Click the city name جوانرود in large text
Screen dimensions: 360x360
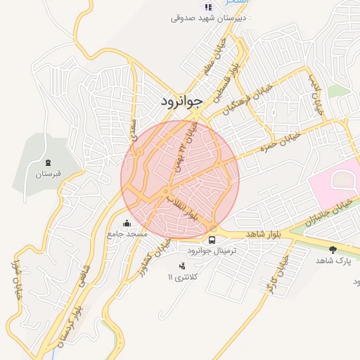pos(181,101)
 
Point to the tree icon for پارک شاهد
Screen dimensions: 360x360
pos(333,249)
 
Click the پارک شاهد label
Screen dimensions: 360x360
pos(333,261)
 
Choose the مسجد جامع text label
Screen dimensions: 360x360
pos(127,234)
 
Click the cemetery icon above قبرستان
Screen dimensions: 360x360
pos(48,162)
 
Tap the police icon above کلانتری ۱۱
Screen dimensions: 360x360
pos(183,266)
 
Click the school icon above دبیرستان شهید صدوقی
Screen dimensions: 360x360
pos(208,6)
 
